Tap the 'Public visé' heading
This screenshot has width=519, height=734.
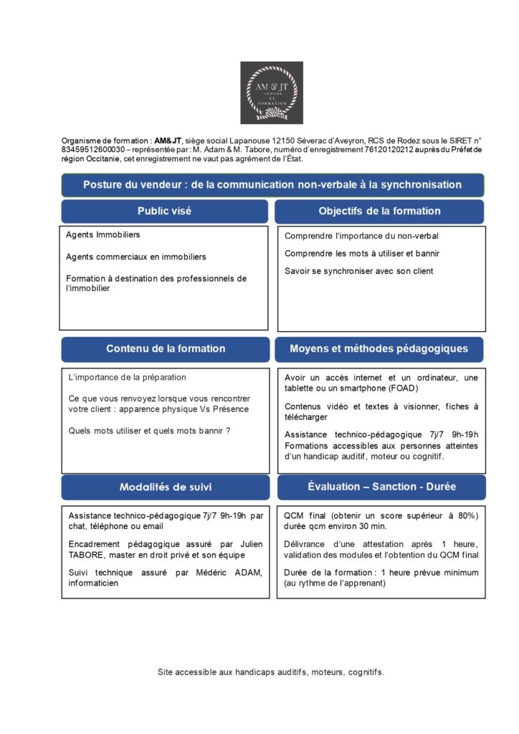[x=164, y=211]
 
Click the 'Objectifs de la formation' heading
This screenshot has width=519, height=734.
[x=379, y=211]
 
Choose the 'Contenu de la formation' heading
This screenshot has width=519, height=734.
[x=166, y=349]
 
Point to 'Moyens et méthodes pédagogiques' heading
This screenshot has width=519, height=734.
[x=379, y=349]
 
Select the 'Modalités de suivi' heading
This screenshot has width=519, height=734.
[x=166, y=487]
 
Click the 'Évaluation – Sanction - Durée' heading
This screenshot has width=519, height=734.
[x=381, y=487]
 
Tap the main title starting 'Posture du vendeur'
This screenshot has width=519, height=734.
[x=272, y=185]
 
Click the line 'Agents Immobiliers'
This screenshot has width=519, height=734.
[x=103, y=234]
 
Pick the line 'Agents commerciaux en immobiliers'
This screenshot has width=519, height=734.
[x=136, y=257]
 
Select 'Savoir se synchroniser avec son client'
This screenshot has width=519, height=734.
[x=359, y=272]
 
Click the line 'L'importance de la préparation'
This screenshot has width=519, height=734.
[x=127, y=377]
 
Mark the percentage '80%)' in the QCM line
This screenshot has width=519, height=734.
[x=465, y=515]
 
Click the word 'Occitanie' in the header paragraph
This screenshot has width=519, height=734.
[x=102, y=158]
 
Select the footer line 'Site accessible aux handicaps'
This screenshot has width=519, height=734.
[x=271, y=672]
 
